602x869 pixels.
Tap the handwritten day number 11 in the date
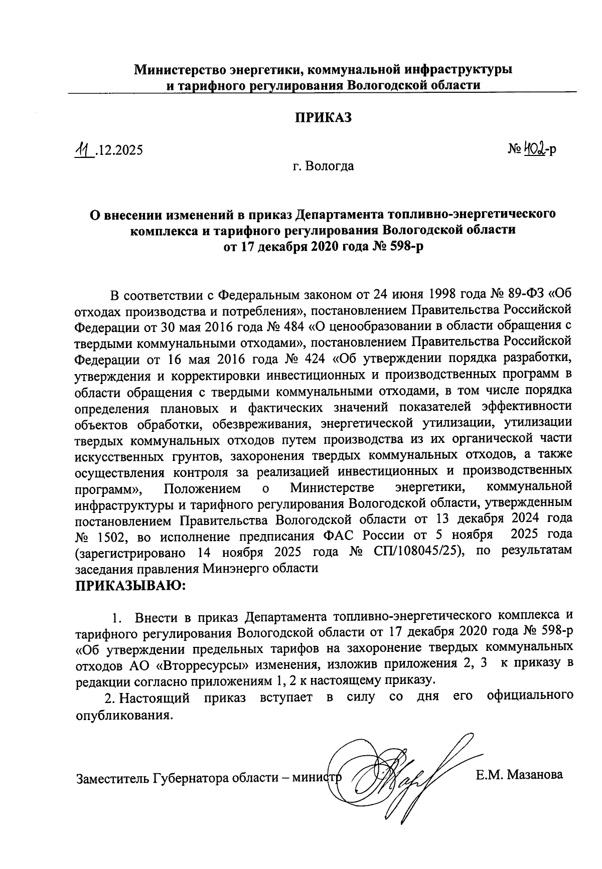pos(80,149)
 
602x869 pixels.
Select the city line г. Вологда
pos(324,166)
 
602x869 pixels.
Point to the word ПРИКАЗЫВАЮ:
pos(130,585)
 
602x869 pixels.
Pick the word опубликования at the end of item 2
pos(123,714)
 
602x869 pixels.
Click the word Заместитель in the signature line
pos(106,778)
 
